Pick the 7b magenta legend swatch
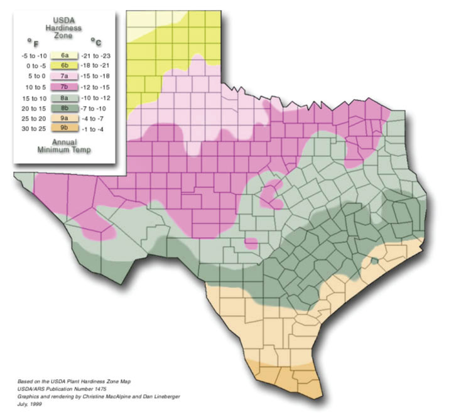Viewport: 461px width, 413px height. pyautogui.click(x=65, y=87)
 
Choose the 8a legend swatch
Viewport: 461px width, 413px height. pyautogui.click(x=65, y=98)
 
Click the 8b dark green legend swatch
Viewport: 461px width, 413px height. pyautogui.click(x=65, y=108)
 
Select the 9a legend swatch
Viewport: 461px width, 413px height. pyautogui.click(x=65, y=119)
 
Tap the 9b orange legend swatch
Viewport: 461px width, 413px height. pyautogui.click(x=65, y=129)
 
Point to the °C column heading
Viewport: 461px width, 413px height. pyautogui.click(x=95, y=42)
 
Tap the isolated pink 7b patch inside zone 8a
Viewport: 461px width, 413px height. pyautogui.click(x=271, y=194)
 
